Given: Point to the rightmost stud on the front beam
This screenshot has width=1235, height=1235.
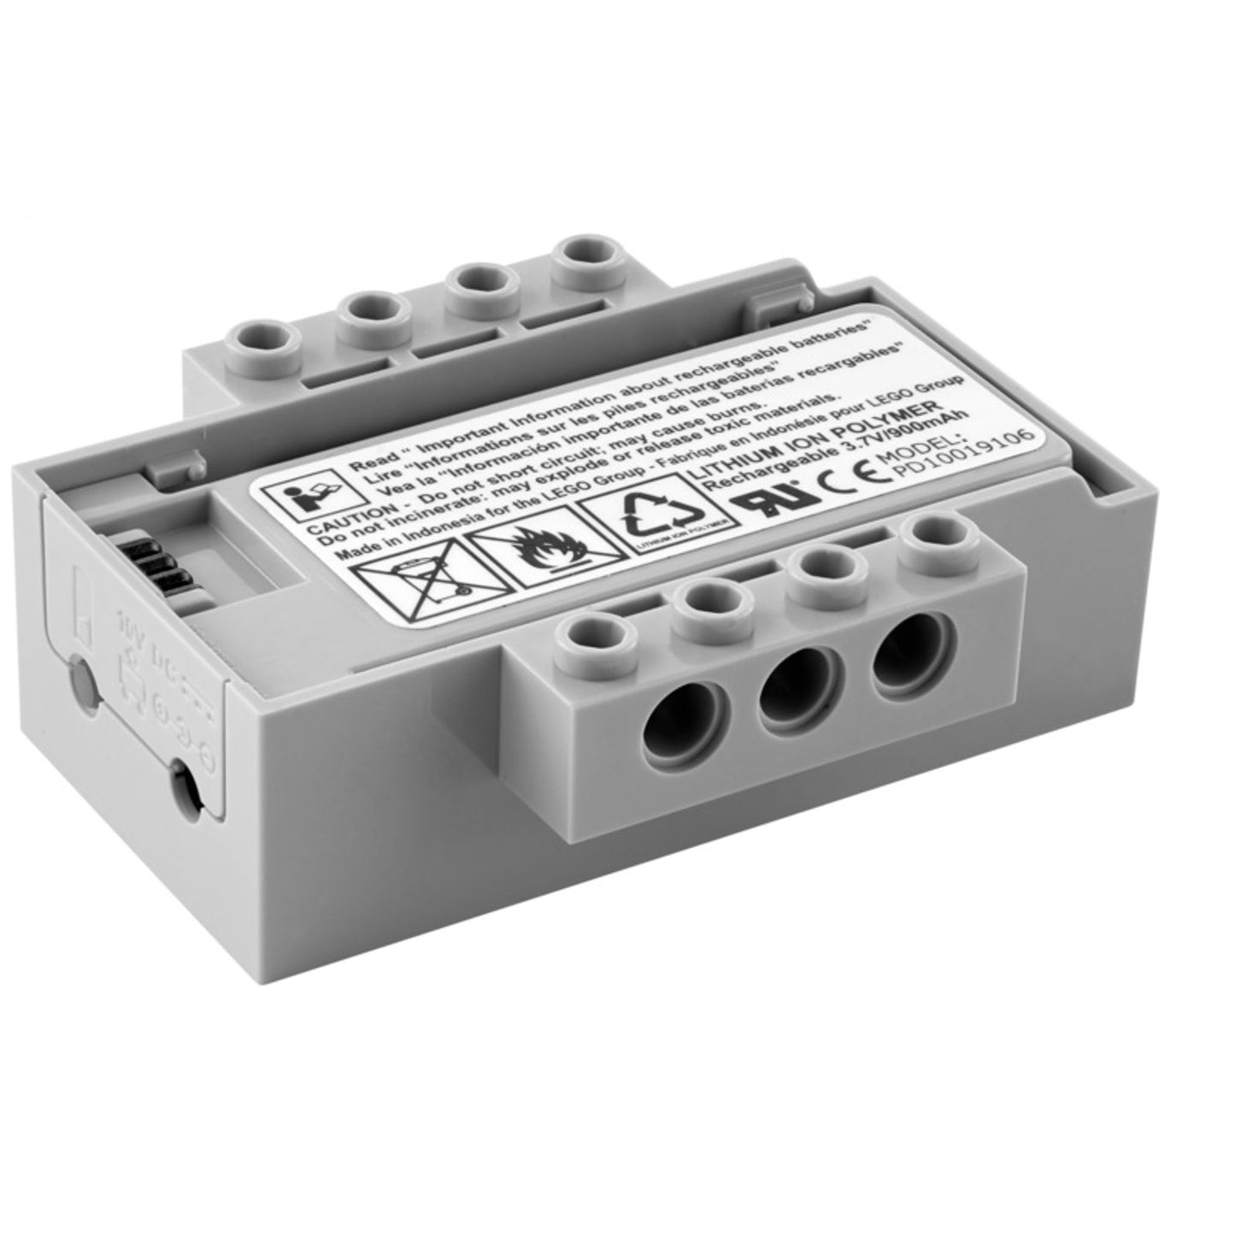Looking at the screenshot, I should pos(935,539).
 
